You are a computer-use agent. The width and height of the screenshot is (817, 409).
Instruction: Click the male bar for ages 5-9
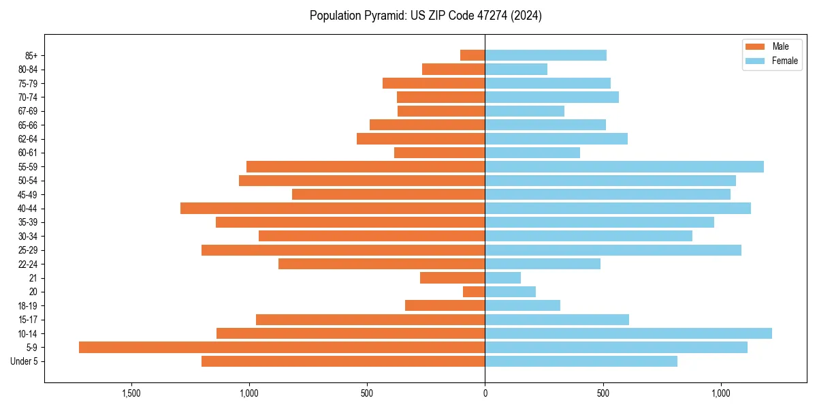(282, 347)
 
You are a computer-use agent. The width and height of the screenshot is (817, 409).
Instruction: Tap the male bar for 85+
(472, 55)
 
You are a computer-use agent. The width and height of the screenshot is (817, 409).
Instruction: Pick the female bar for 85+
(545, 55)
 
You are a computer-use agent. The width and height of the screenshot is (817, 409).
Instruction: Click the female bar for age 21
(502, 277)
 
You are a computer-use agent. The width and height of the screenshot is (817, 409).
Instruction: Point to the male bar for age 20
(474, 292)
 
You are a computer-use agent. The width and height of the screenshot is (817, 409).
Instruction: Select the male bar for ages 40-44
(332, 208)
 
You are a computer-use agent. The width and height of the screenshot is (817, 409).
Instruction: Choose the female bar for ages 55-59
(624, 166)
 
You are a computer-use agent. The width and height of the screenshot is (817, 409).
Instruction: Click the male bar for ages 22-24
(381, 264)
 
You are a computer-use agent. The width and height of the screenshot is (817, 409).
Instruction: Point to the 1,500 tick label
(131, 393)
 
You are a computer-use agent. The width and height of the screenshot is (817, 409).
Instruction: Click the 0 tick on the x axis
(485, 393)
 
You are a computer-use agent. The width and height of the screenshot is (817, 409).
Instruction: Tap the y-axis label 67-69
(28, 111)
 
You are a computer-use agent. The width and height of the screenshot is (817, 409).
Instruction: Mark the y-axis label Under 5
(25, 361)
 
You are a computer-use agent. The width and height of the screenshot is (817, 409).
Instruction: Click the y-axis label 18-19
(28, 305)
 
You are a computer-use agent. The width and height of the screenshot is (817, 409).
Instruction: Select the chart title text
(426, 16)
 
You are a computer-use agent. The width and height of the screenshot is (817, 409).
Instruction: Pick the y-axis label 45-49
(28, 194)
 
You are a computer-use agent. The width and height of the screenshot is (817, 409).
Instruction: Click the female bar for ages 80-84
(516, 69)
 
